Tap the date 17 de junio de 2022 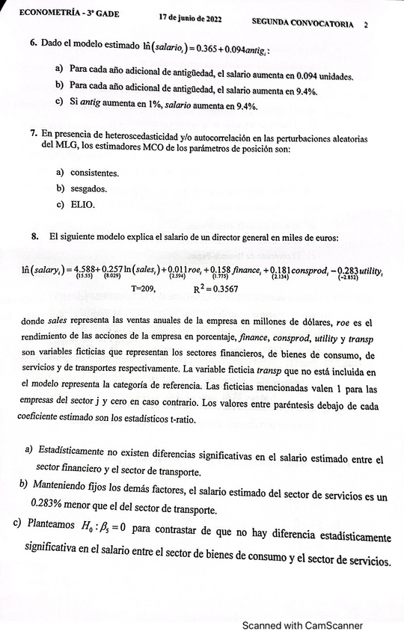195,17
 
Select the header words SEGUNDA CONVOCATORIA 302,24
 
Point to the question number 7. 34,133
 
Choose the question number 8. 34,236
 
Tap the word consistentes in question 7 94,173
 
